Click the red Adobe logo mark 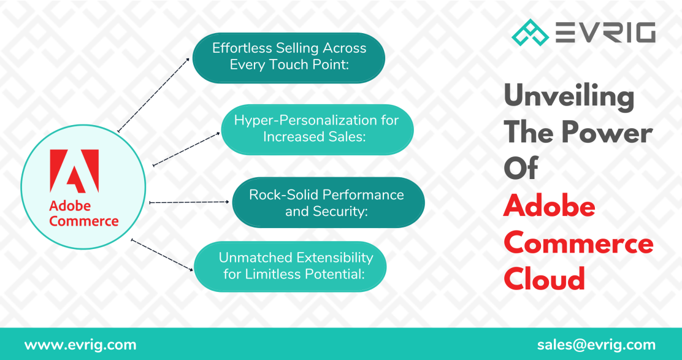74,171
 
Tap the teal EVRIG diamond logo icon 531,32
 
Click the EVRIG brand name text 605,32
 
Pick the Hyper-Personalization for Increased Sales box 316,129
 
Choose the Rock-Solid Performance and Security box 328,202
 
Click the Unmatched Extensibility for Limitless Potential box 290,266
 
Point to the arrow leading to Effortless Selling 153,95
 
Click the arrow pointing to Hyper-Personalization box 186,148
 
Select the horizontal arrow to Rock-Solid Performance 189,202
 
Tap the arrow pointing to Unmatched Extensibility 163,255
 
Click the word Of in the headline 521,169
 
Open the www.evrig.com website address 80,345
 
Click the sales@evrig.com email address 596,345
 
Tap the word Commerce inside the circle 84,221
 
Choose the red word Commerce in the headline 578,243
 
